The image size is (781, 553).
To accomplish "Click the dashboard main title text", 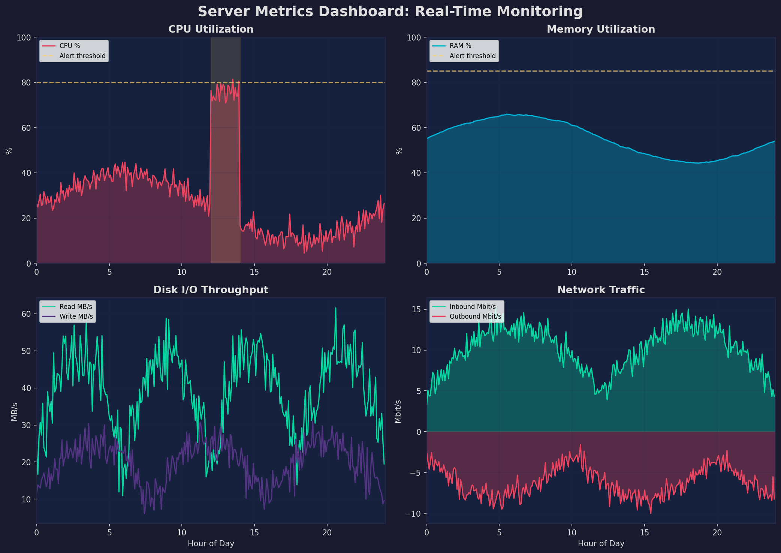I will (x=390, y=12).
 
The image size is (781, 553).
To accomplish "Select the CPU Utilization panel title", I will (x=211, y=29).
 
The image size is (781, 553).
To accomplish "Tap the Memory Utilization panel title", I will (x=601, y=29).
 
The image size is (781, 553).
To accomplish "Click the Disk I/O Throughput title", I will (x=211, y=290).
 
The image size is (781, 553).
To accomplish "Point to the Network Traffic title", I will (x=601, y=290).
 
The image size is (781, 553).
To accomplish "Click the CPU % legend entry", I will (x=70, y=46).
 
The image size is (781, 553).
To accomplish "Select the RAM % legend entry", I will (x=460, y=46).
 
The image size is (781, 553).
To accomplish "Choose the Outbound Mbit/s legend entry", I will (x=475, y=316).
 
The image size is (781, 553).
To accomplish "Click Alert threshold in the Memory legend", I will (x=472, y=56).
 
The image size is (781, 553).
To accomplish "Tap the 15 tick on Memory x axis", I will (x=644, y=272).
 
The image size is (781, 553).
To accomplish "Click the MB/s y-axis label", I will (x=14, y=411).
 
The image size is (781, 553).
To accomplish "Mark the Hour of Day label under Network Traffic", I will (x=601, y=544).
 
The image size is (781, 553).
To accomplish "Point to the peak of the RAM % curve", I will (x=507, y=114).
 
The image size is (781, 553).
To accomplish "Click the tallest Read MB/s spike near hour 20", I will (x=335, y=309).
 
